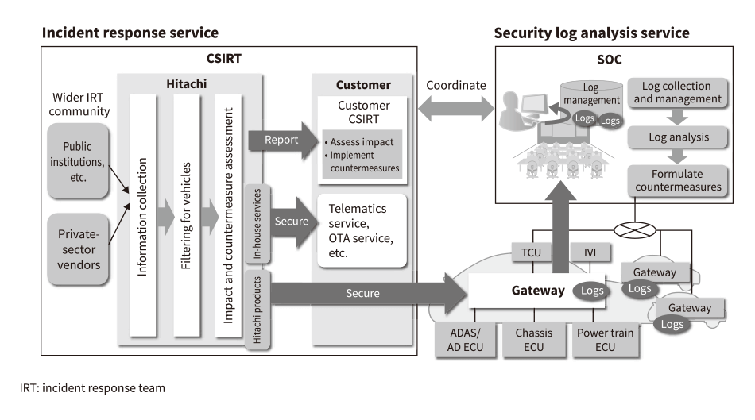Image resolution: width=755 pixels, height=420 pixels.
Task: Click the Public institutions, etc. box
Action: pyautogui.click(x=77, y=160)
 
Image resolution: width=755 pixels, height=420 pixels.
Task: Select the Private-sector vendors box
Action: pyautogui.click(x=77, y=249)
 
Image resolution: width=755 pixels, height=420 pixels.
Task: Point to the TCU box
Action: pyautogui.click(x=531, y=252)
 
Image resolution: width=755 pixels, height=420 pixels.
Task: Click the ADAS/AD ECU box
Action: pyautogui.click(x=466, y=339)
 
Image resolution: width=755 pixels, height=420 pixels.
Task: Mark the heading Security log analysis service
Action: pyautogui.click(x=591, y=33)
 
